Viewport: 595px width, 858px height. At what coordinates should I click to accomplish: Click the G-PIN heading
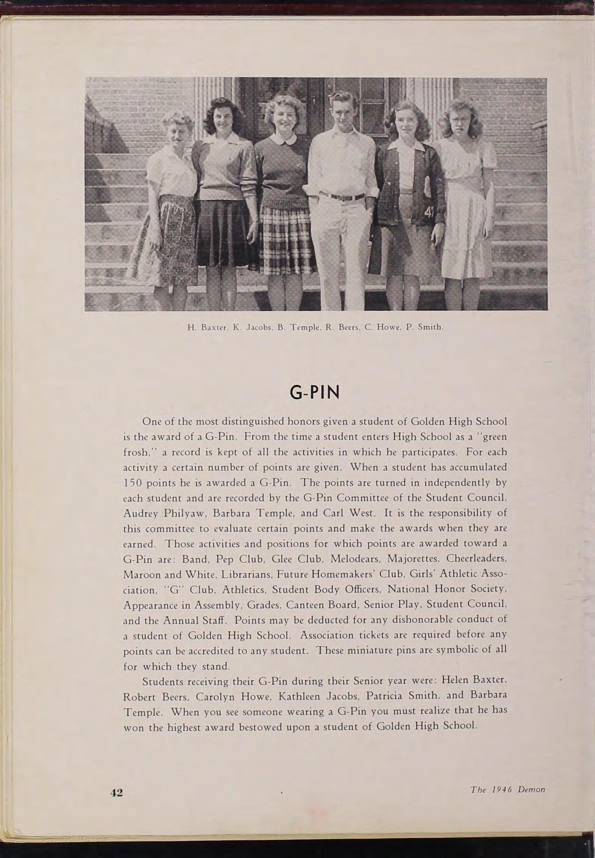(x=314, y=393)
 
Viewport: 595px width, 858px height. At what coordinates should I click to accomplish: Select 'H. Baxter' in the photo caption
(x=207, y=327)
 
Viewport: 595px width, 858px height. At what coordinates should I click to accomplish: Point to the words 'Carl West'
(x=350, y=513)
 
